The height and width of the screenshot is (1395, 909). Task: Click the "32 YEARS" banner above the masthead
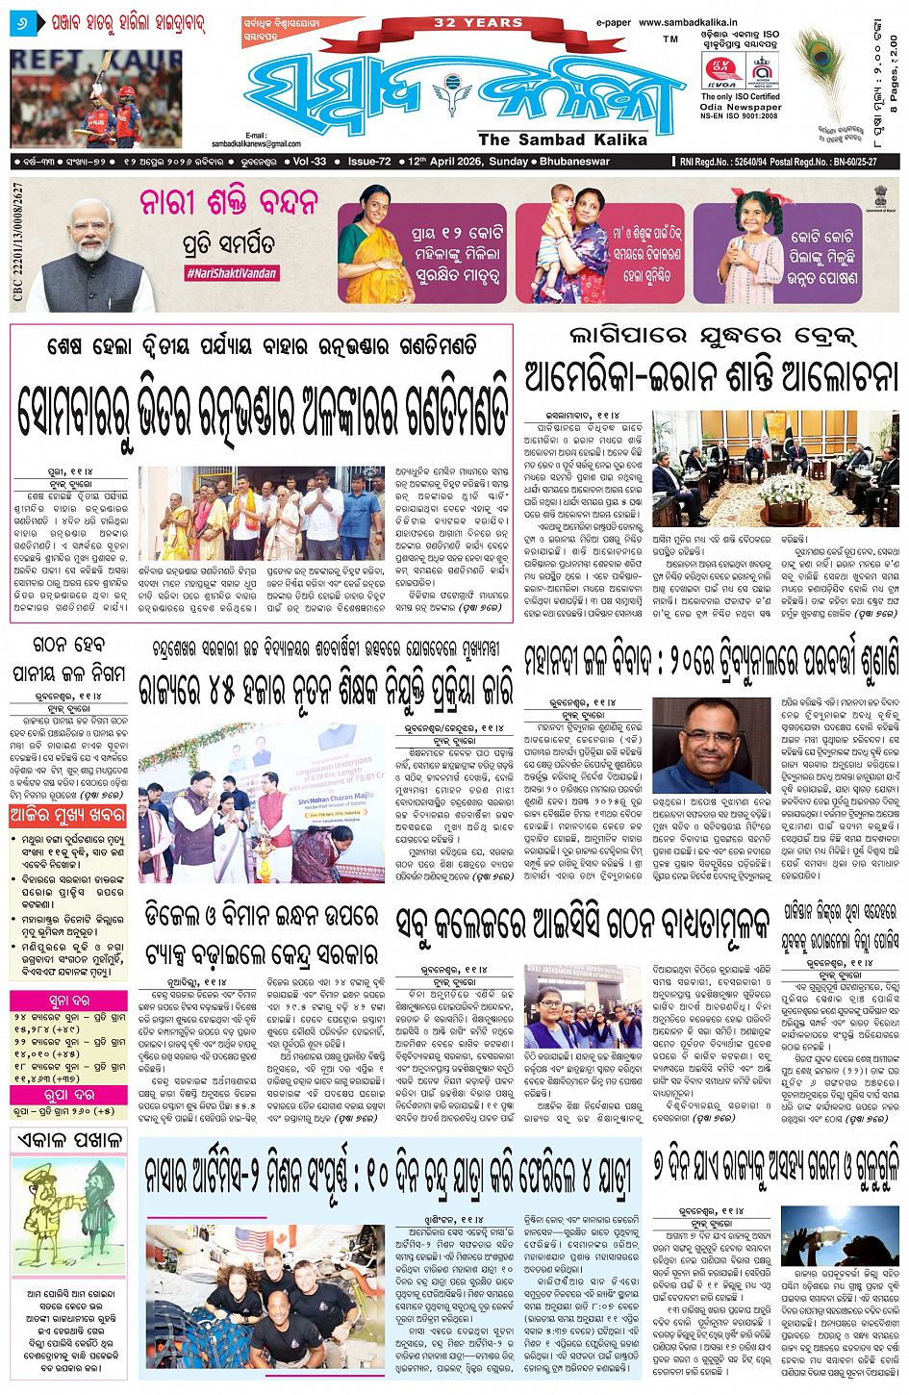(478, 22)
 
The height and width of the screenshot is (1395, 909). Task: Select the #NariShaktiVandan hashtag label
(231, 273)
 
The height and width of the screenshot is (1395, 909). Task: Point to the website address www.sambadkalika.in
(685, 22)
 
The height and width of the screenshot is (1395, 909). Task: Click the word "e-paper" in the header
(613, 22)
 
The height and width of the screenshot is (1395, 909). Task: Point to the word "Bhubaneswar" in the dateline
(575, 162)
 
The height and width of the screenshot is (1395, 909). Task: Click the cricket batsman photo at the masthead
(96, 98)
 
